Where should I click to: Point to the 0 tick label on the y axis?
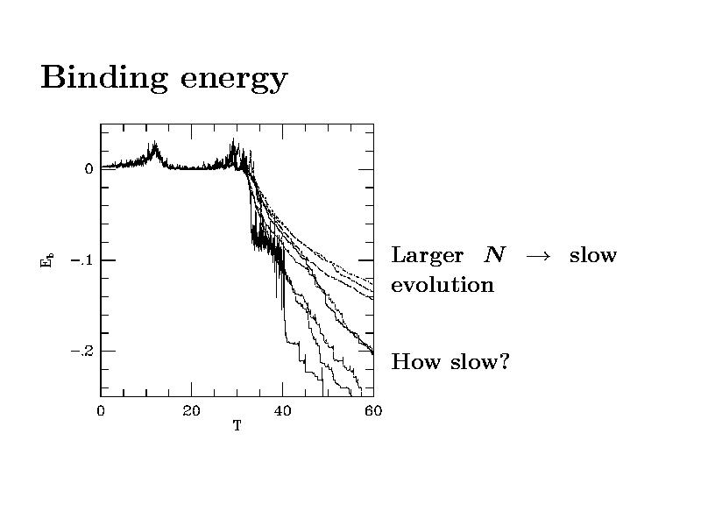coord(89,168)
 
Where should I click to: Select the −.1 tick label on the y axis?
coord(82,260)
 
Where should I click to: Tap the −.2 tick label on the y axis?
coord(82,351)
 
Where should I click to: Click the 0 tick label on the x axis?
coord(101,410)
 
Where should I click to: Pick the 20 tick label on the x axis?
coord(191,410)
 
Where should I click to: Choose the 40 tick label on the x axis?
coord(282,410)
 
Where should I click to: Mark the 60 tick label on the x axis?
coord(372,410)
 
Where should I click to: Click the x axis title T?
coord(237,426)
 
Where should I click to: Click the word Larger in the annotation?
coord(427,256)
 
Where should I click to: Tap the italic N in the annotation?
coord(495,255)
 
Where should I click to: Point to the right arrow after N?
coord(536,256)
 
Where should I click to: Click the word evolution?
coord(443,285)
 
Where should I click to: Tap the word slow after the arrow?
coord(593,255)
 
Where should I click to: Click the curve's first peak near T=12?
coord(154,146)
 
